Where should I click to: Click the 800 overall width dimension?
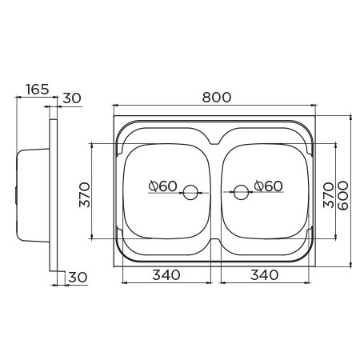click(216, 97)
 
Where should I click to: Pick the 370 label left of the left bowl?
click(84, 193)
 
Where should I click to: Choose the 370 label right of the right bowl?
click(326, 193)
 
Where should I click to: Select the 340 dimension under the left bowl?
click(165, 274)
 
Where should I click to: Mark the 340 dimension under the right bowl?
click(263, 274)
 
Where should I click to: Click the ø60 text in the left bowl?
click(163, 186)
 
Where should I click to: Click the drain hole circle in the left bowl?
click(190, 192)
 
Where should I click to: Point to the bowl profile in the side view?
click(32, 194)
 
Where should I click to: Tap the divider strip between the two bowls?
click(215, 192)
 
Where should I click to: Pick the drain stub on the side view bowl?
click(15, 194)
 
